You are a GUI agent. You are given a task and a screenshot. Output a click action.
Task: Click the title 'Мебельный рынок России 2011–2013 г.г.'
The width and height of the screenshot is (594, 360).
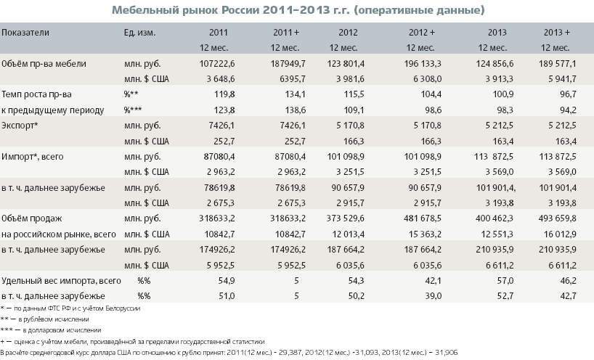tap(297, 10)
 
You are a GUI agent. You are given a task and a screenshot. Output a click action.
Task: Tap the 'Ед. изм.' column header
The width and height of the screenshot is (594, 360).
tap(141, 33)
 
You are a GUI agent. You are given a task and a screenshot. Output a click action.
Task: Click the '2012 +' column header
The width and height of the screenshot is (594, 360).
tap(421, 33)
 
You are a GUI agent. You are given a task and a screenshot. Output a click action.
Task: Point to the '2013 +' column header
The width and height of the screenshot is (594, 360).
tap(556, 33)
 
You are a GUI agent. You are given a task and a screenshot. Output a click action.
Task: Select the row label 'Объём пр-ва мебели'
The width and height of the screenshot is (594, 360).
tap(44, 64)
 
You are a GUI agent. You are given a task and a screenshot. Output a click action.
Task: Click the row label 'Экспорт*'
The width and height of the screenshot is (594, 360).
tap(21, 125)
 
